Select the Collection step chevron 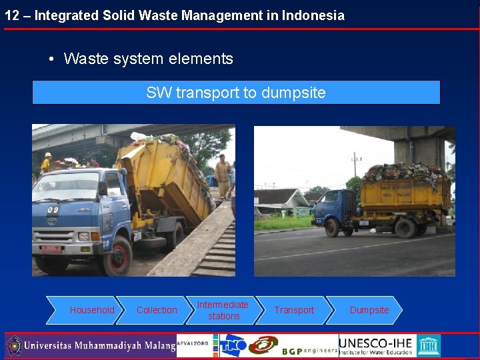click(157, 310)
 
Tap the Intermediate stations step click(223, 310)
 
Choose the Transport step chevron click(294, 310)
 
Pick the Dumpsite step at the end click(369, 310)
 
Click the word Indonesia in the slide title click(315, 15)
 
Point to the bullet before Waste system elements click(51, 59)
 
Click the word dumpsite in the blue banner click(293, 93)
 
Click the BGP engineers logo click(310, 349)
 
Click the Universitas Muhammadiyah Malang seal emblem click(14, 346)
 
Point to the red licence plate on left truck click(50, 249)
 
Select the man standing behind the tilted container click(222, 175)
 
